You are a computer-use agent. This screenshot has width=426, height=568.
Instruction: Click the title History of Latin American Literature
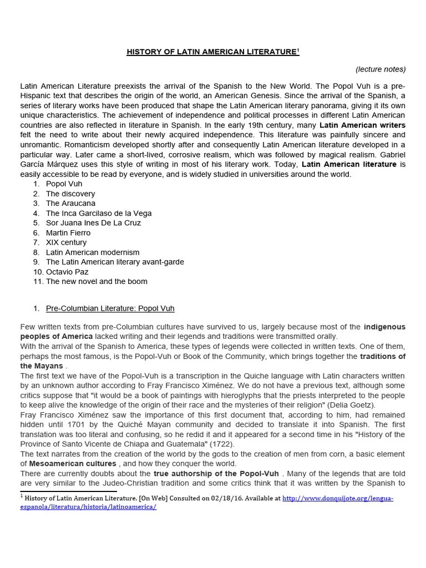(212, 52)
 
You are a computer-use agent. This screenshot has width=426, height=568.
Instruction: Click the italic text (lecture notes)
(381, 69)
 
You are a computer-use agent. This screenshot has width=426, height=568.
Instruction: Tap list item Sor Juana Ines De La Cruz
(93, 223)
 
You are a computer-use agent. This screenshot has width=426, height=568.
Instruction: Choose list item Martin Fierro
(68, 233)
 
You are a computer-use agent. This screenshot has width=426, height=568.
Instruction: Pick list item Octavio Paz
(67, 272)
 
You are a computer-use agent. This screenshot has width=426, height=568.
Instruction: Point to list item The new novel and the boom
(97, 281)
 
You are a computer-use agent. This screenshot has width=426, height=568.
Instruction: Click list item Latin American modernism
(93, 252)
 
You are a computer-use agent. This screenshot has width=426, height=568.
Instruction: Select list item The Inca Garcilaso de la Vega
(99, 213)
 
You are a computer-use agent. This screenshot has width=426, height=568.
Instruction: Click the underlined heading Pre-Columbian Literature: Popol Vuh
(110, 308)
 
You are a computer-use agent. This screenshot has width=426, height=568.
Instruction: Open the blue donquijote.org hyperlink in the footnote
(338, 499)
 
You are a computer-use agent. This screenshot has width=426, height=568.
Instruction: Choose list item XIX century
(66, 242)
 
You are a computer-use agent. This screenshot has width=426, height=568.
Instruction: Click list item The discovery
(70, 194)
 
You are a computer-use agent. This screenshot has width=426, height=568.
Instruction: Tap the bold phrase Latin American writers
(362, 125)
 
